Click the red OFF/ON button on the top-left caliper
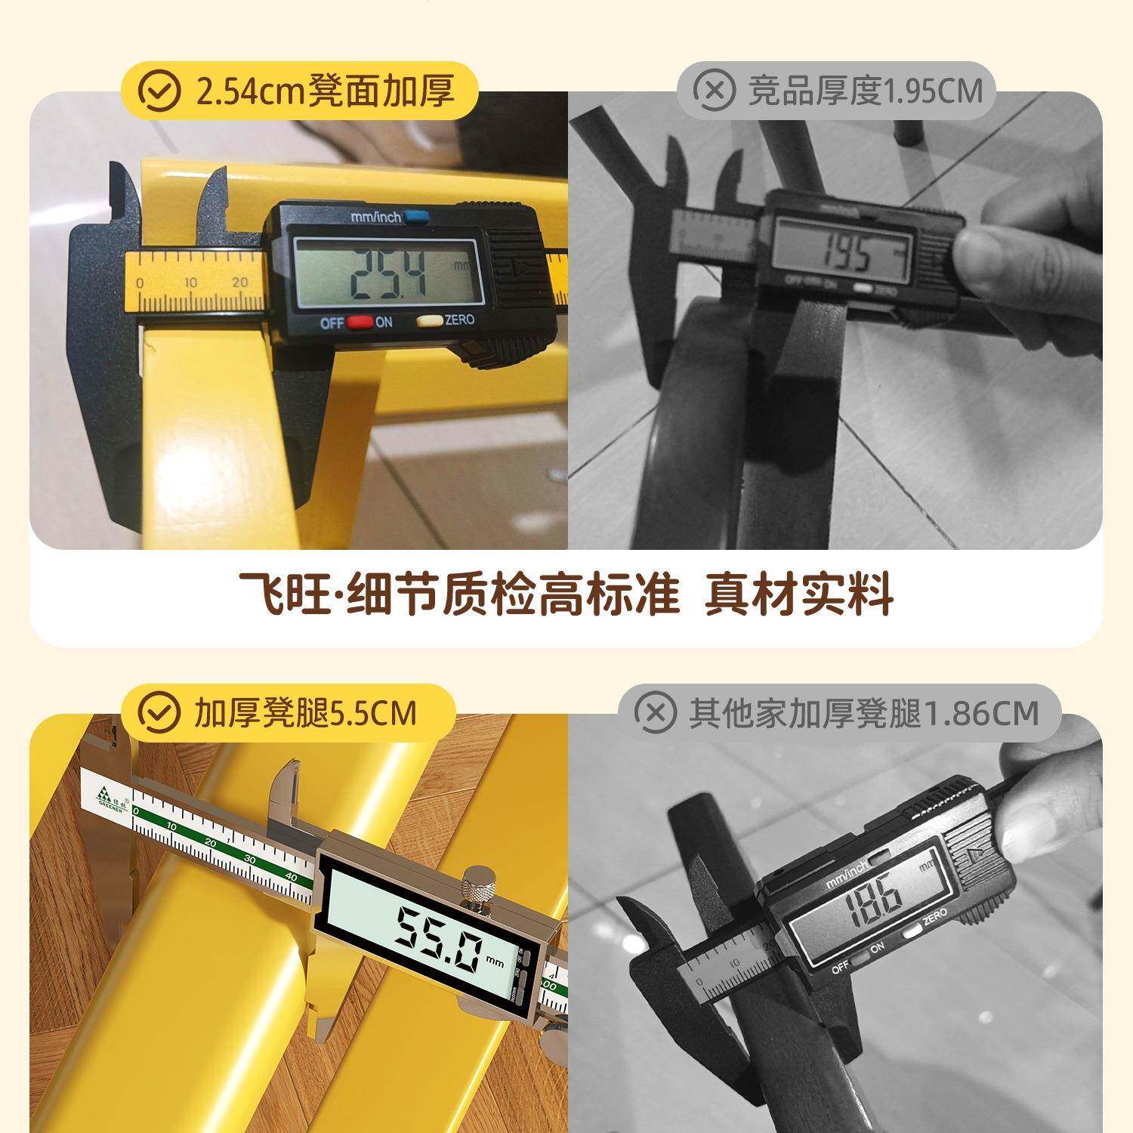[x=360, y=323]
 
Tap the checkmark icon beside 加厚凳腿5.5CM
[x=161, y=712]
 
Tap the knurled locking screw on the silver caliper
[x=479, y=884]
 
